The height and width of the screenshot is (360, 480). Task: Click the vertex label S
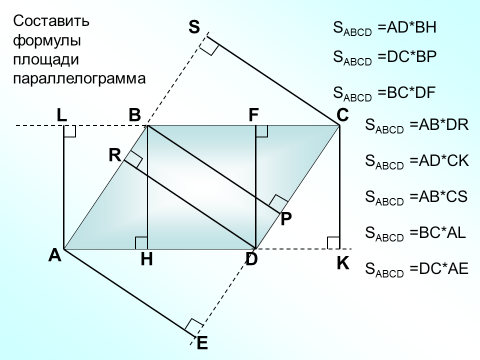194,27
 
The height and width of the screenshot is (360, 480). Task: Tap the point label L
62,115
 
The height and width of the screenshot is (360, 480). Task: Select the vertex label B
135,115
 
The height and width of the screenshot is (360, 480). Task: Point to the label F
254,115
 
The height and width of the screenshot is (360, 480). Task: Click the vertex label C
342,115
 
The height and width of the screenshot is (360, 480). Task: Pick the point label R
115,155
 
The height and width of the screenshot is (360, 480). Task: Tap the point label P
286,219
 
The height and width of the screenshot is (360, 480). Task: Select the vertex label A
55,256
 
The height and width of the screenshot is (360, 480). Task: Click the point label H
147,259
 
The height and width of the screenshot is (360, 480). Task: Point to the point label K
343,263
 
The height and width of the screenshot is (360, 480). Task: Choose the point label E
202,343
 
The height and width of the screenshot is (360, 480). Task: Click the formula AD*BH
412,27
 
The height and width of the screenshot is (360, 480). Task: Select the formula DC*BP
412,57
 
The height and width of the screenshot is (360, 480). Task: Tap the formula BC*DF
411,92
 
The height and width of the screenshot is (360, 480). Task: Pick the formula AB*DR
444,125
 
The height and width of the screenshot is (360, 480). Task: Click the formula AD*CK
444,161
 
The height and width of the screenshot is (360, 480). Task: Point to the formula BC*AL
442,232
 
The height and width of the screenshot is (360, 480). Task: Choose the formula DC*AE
444,268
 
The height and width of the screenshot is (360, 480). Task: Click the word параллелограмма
79,79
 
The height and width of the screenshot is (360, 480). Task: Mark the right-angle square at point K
333,243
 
